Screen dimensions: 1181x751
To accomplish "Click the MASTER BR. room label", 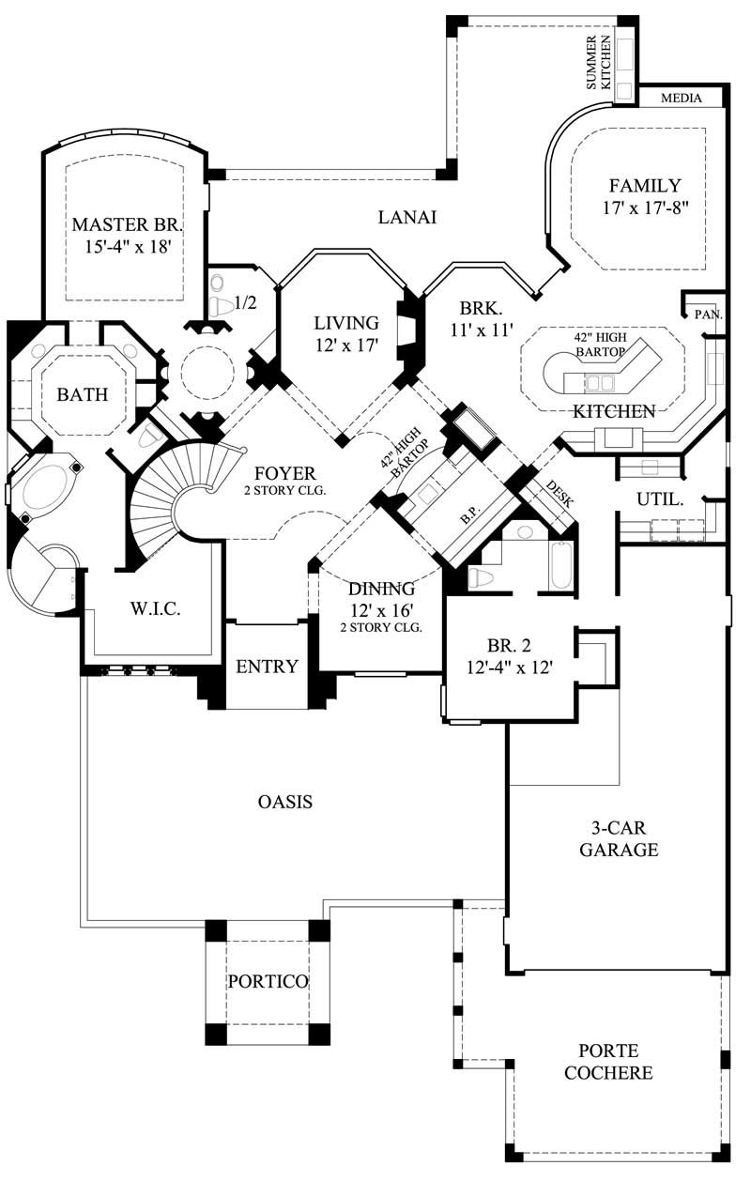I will [127, 225].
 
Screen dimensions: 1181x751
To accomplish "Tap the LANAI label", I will [408, 217].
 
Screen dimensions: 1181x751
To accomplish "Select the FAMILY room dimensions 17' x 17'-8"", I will [647, 207].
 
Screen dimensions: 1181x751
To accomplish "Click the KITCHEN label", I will [614, 411].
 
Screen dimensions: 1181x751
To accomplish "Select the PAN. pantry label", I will [708, 314].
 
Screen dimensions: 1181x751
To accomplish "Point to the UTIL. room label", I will [658, 499].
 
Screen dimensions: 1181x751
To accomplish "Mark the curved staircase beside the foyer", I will [169, 498].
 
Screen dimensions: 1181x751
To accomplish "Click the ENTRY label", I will [267, 667].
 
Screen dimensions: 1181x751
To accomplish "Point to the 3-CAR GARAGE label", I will [618, 838].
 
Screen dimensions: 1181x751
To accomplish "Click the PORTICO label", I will [268, 981].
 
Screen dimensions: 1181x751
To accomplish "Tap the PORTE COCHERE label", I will [608, 1062].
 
